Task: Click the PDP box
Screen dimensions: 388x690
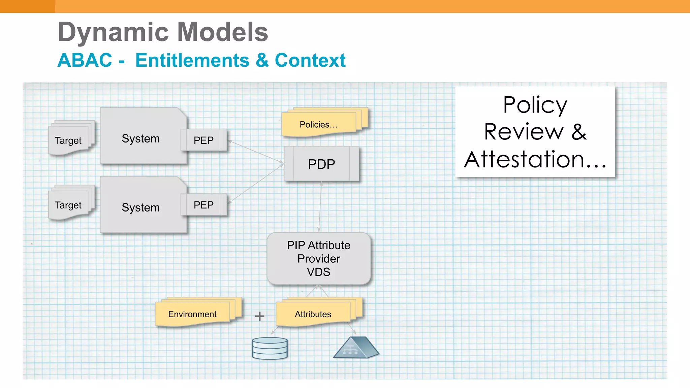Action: tap(321, 164)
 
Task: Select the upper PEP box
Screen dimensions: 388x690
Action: tap(203, 140)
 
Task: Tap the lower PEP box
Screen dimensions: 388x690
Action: tap(203, 205)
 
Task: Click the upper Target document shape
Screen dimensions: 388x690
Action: tap(68, 140)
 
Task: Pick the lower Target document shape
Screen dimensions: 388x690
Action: tap(68, 205)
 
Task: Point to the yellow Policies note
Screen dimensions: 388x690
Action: tap(319, 125)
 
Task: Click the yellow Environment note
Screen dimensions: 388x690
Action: tap(192, 314)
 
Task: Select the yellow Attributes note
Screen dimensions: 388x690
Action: tap(313, 314)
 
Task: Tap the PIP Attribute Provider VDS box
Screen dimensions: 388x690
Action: tap(319, 258)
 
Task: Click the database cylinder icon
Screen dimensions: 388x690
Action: tap(270, 348)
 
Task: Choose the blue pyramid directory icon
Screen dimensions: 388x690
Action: tap(356, 348)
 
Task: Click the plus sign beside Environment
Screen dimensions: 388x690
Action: tap(259, 316)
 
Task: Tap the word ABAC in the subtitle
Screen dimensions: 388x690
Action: tap(85, 60)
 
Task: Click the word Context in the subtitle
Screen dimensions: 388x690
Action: tap(310, 60)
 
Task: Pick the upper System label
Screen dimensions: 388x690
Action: tap(141, 138)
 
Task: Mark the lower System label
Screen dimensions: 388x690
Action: tap(141, 207)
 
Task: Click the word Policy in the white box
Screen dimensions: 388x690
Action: tap(535, 105)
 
